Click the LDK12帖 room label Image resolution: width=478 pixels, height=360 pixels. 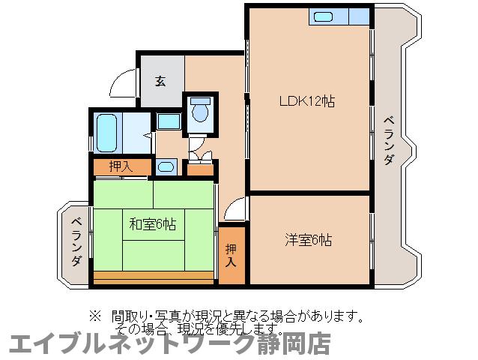[x=306, y=101]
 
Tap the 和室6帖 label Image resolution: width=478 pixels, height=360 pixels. [x=153, y=223]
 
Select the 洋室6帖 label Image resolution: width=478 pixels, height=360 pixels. [x=308, y=240]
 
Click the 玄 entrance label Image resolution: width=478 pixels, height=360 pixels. [x=160, y=81]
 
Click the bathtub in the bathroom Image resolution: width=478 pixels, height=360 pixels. [x=107, y=133]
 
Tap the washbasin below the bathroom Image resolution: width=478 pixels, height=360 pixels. [x=166, y=166]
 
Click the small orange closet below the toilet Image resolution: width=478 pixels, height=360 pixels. [x=200, y=169]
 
